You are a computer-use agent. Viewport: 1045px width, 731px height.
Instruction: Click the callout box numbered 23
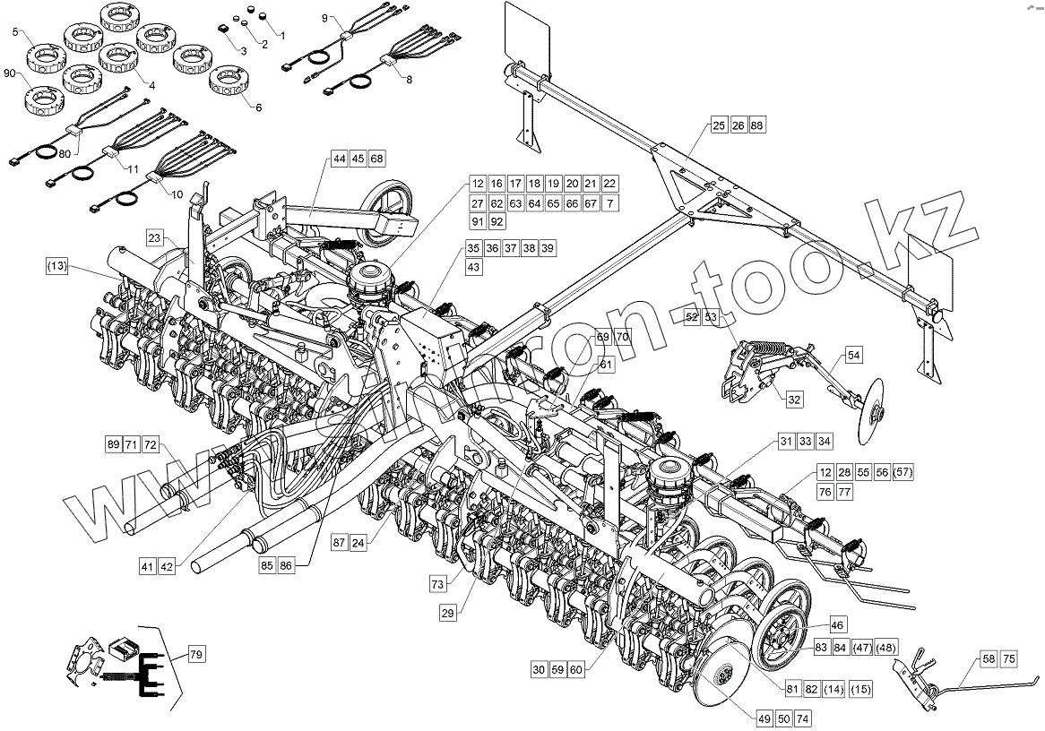(155, 239)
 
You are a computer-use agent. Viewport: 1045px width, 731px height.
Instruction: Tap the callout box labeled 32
(794, 400)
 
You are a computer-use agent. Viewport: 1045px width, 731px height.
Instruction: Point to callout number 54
(853, 356)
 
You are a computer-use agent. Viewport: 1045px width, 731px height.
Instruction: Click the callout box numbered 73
(437, 584)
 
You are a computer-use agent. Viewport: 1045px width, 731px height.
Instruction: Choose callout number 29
(448, 613)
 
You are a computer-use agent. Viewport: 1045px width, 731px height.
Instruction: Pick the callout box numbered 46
(836, 624)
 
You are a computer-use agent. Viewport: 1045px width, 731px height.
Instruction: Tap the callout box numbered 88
(757, 125)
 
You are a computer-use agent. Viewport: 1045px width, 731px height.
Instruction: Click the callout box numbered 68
(376, 159)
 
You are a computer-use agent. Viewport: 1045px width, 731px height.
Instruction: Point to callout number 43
(473, 267)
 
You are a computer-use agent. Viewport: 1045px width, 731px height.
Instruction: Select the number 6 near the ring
(259, 107)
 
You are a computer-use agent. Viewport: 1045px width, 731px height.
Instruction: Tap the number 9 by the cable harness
(324, 19)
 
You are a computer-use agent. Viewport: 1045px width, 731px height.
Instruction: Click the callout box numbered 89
(113, 444)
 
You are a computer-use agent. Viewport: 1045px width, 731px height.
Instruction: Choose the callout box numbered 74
(801, 719)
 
